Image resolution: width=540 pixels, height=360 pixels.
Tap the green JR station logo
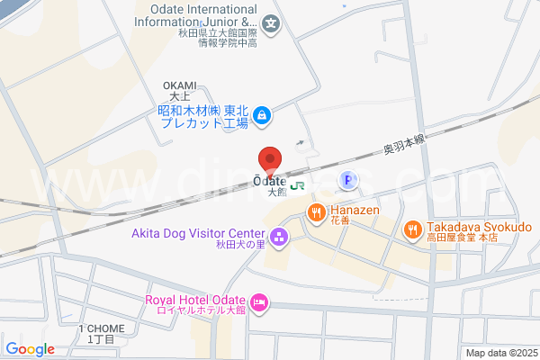tap(297, 185)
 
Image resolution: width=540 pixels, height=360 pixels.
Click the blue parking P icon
tap(346, 182)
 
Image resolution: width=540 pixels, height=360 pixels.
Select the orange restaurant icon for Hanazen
tap(315, 213)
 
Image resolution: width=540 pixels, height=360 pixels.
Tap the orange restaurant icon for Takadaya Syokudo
tap(412, 229)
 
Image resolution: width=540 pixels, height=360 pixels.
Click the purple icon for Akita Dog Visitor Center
tap(278, 238)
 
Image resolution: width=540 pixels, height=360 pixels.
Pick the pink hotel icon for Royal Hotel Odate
tap(259, 302)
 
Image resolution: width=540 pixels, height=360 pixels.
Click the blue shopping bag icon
tap(260, 115)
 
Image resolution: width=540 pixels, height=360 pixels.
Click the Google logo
tap(30, 349)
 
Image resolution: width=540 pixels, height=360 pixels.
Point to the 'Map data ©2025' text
tap(500, 353)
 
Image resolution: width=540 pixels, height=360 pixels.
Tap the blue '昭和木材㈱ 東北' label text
tap(202, 109)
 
